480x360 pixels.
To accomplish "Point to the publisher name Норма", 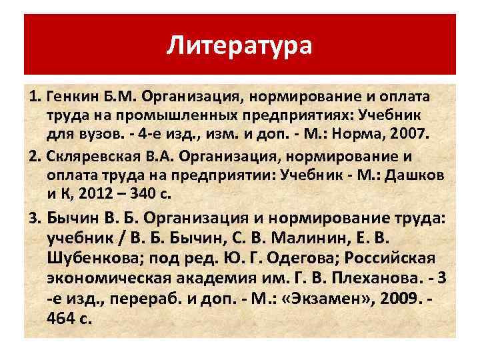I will click(361, 133).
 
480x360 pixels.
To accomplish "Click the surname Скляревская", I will click(84, 157).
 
